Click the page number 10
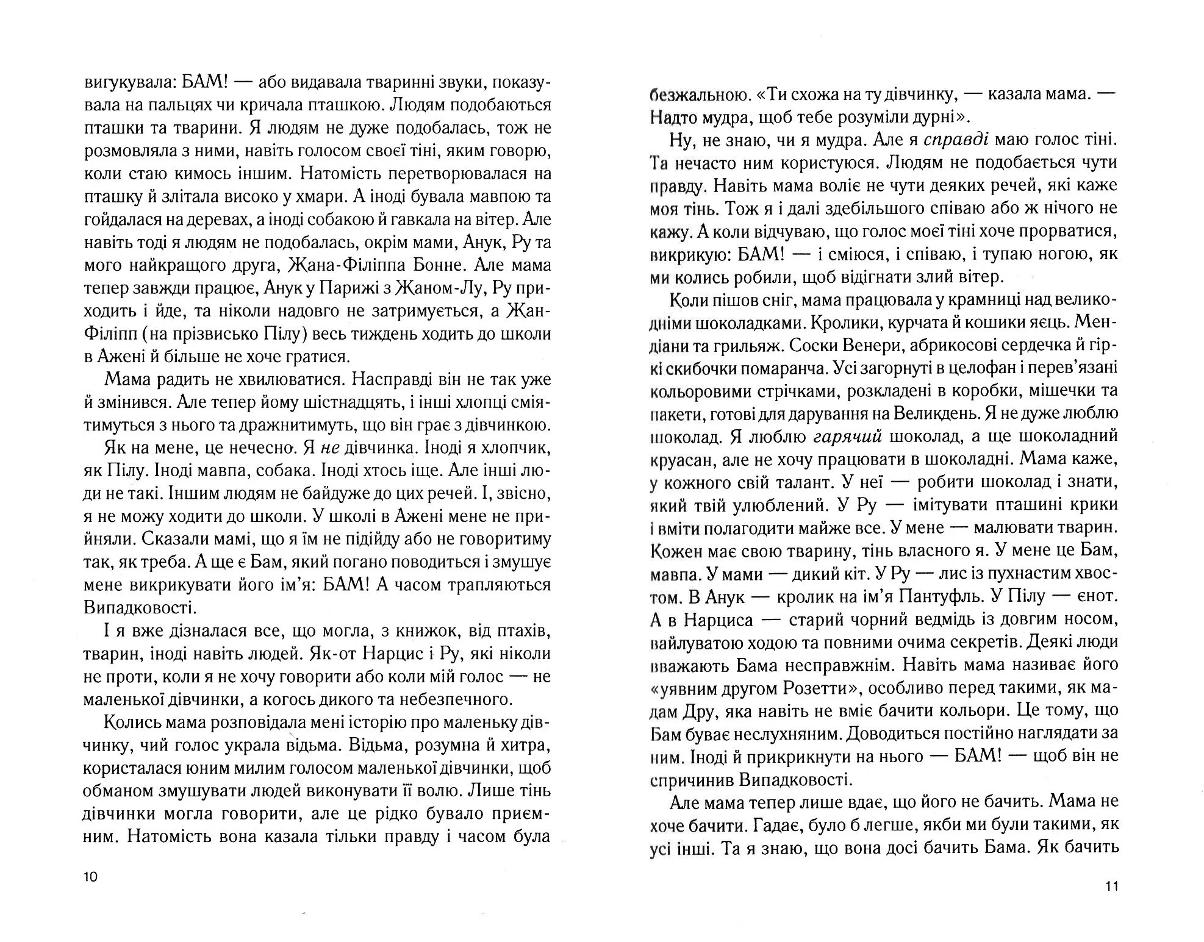pos(90,877)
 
